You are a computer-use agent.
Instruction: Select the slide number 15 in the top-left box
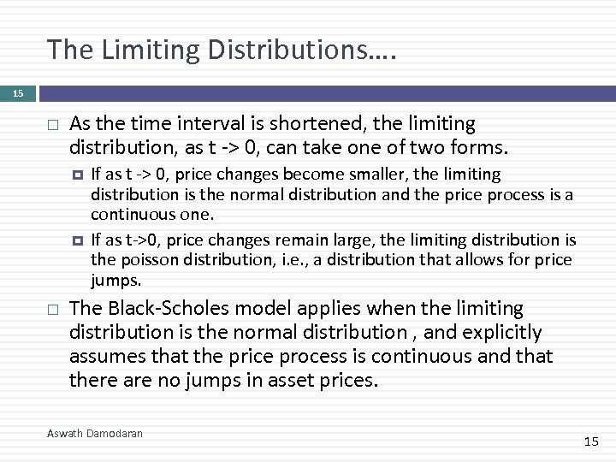[19, 93]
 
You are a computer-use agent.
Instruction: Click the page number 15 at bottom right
[591, 441]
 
